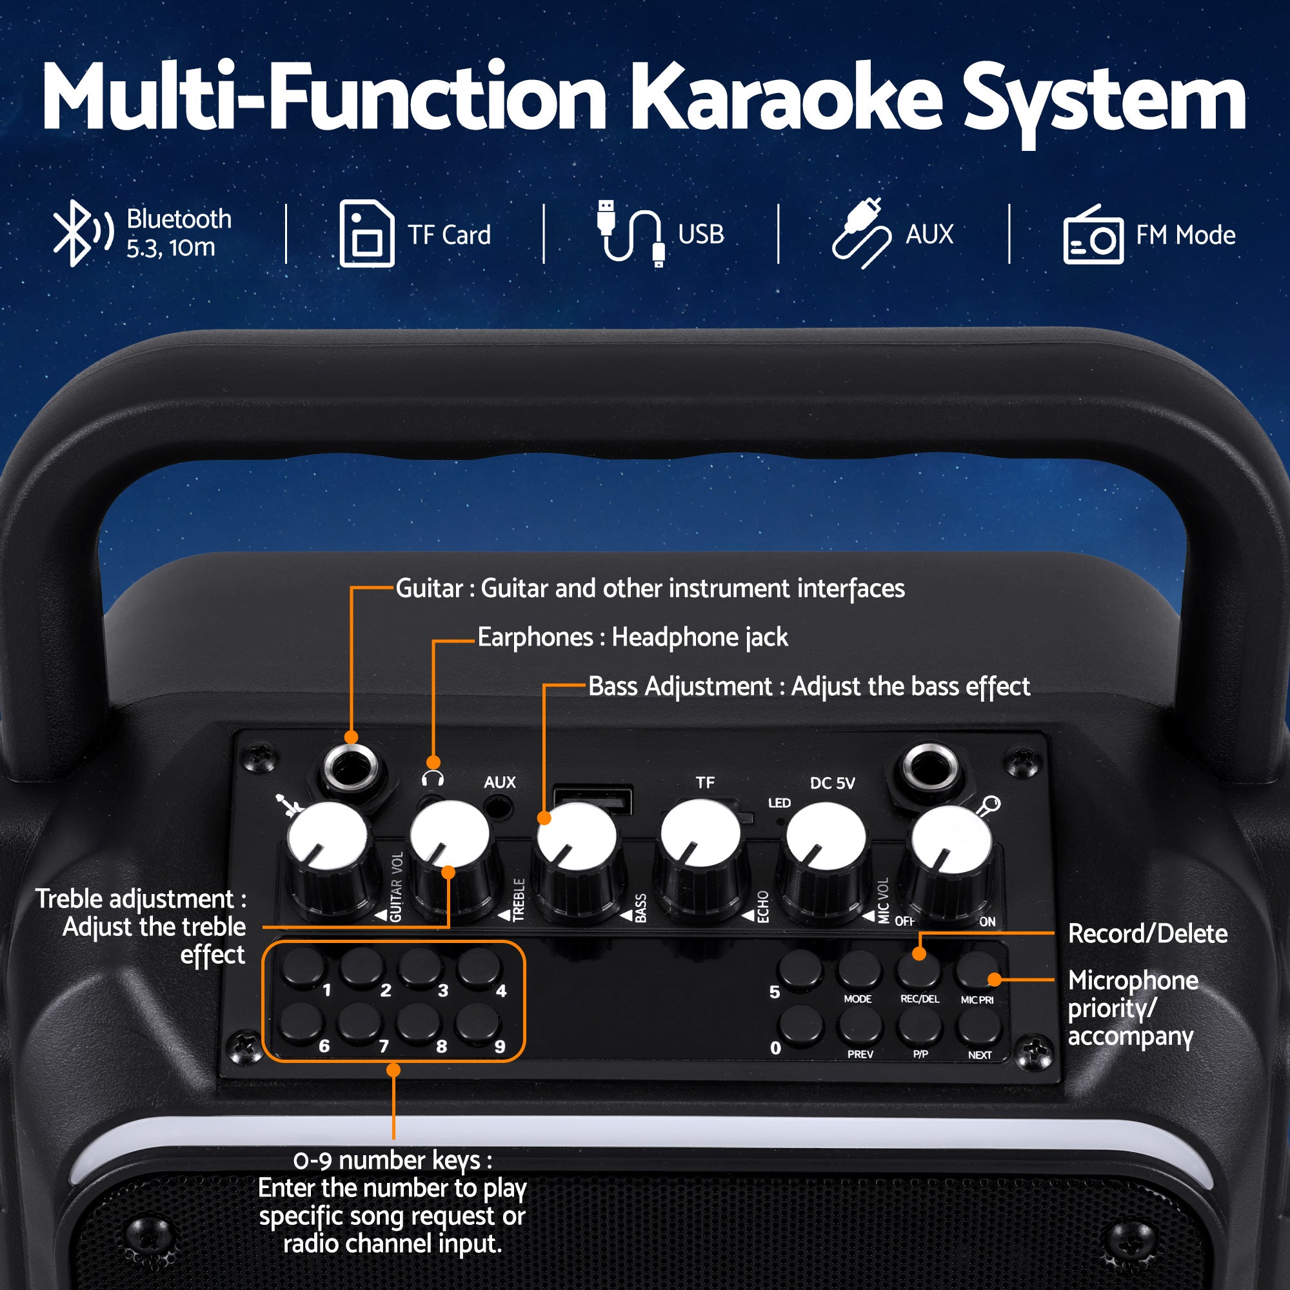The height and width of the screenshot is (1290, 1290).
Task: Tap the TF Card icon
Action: click(x=366, y=233)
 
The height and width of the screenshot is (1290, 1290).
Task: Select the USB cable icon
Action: click(x=630, y=233)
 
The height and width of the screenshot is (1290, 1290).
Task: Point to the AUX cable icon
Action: click(x=860, y=233)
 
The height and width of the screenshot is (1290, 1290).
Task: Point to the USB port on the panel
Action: click(x=593, y=799)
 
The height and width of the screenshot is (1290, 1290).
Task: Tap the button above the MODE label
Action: click(x=859, y=969)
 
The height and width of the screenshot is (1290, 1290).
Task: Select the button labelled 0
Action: click(x=800, y=1025)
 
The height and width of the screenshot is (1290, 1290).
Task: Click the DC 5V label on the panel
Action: click(x=832, y=783)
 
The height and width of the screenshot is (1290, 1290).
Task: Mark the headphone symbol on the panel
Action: click(x=433, y=779)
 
